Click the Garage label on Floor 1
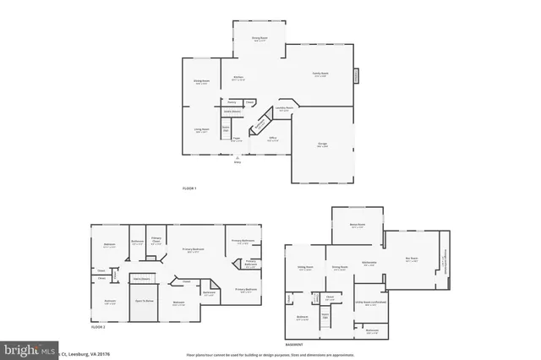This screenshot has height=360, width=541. pyautogui.click(x=322, y=145)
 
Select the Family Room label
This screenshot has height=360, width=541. pyautogui.click(x=321, y=75)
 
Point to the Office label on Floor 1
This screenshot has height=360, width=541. pyautogui.click(x=273, y=139)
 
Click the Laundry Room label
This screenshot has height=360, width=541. pyautogui.click(x=285, y=108)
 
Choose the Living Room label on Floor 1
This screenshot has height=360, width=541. pyautogui.click(x=201, y=130)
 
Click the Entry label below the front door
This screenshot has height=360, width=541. pyautogui.click(x=237, y=162)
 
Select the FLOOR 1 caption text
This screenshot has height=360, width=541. pyautogui.click(x=189, y=188)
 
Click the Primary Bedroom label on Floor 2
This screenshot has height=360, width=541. pyautogui.click(x=193, y=249)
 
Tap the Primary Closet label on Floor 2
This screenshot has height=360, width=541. pyautogui.click(x=156, y=239)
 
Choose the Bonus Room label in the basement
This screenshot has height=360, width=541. pyautogui.click(x=357, y=225)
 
